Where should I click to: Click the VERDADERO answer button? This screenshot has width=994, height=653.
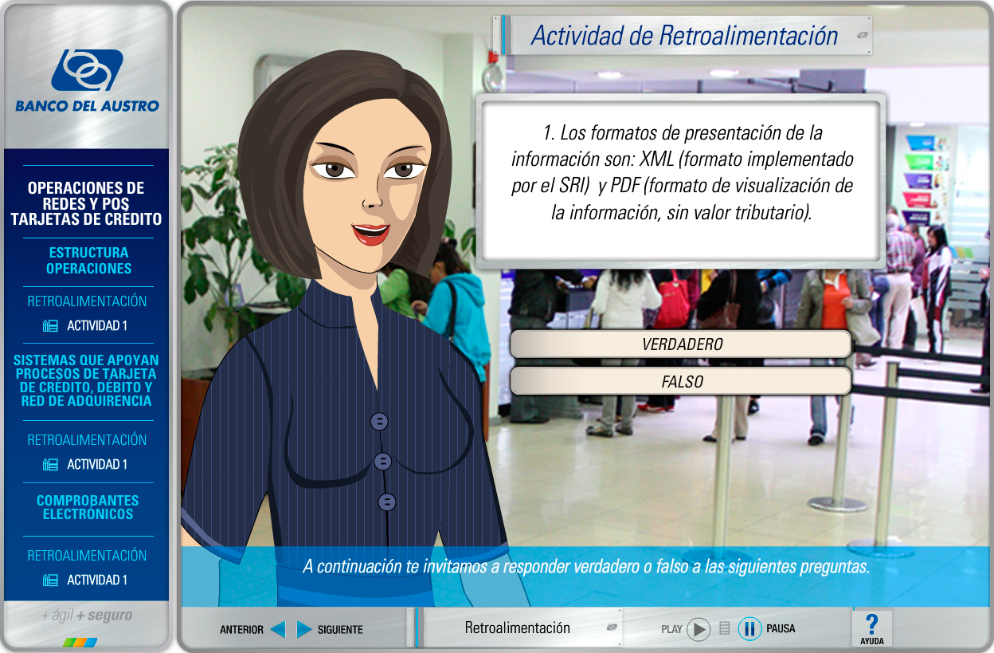point(681,344)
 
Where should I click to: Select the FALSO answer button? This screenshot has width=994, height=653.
point(681,381)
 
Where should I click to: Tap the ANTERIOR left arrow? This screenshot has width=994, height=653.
point(278,629)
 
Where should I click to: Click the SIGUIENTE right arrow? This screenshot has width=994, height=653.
point(304,629)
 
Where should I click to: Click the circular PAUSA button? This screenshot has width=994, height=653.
point(749,629)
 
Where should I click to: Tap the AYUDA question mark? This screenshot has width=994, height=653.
point(871,624)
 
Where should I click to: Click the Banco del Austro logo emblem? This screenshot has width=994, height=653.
point(87,69)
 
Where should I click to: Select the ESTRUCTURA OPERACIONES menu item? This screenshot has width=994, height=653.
point(88,261)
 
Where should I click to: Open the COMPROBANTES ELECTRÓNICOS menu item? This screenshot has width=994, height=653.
point(88,507)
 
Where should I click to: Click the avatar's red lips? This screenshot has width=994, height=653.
point(370,234)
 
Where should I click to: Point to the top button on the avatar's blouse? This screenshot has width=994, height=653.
point(379,421)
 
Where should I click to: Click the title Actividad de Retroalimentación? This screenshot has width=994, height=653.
point(684,36)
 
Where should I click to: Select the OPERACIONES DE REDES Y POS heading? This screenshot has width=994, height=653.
point(86,196)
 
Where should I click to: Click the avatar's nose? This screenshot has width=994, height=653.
point(373,200)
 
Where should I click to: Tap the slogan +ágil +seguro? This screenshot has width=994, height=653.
point(87,616)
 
